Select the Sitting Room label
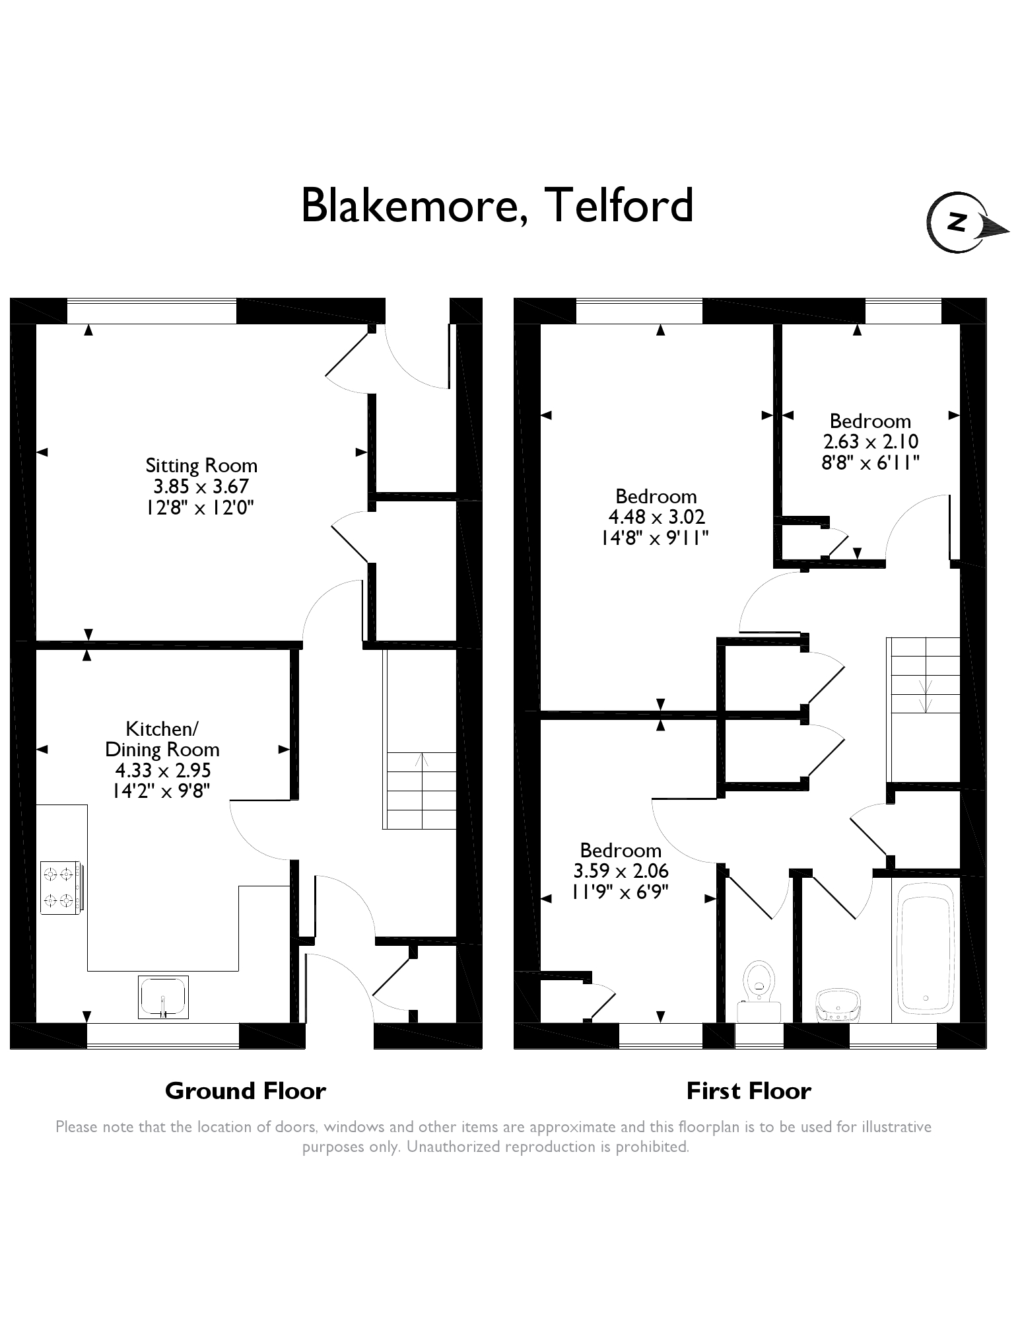pyautogui.click(x=201, y=466)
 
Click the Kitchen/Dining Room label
pyautogui.click(x=162, y=739)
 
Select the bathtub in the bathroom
pyautogui.click(x=924, y=950)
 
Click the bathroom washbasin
pyautogui.click(x=838, y=1005)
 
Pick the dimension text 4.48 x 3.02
pyautogui.click(x=656, y=517)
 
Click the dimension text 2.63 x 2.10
pyautogui.click(x=870, y=441)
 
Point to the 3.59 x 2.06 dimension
pyautogui.click(x=621, y=871)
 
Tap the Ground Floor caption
pyautogui.click(x=246, y=1090)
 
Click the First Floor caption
pyautogui.click(x=749, y=1090)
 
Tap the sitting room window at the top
pyautogui.click(x=152, y=311)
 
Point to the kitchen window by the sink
pyautogui.click(x=162, y=1036)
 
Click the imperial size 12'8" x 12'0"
pyautogui.click(x=201, y=507)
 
